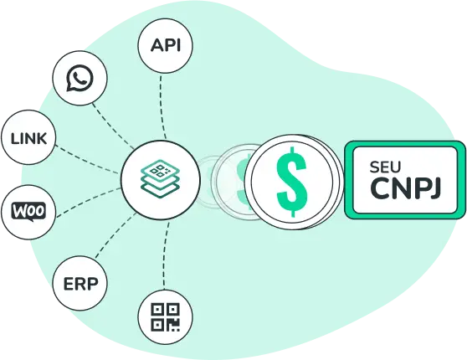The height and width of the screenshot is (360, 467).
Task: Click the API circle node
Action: coord(166,45)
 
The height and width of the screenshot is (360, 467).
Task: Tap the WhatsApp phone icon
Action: coord(80,78)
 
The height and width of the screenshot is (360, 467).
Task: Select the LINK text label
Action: coord(28,139)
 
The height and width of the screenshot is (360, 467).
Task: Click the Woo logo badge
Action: coord(28,212)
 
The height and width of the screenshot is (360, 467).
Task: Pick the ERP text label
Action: coord(80,284)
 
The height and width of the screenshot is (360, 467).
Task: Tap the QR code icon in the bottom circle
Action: coord(166,317)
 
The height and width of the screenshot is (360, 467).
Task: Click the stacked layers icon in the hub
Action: coord(160,179)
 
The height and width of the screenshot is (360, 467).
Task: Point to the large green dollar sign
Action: coord(291,182)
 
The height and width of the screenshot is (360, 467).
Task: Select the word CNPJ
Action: coord(405,188)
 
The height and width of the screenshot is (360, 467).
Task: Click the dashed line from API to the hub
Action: coord(162,107)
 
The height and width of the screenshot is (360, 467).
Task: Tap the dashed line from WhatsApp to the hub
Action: coord(113,126)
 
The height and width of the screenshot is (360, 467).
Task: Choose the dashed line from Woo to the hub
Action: coord(88,201)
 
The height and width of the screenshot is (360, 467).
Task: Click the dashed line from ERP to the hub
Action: coord(115,235)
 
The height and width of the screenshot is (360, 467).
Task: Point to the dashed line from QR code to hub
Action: coord(166,255)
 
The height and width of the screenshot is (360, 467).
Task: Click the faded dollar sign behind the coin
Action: coord(241,182)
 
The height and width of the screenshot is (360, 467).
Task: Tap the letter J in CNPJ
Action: coord(434,188)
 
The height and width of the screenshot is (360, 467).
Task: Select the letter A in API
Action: coord(157,45)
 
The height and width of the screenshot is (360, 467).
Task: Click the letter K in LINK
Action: coord(41,139)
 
